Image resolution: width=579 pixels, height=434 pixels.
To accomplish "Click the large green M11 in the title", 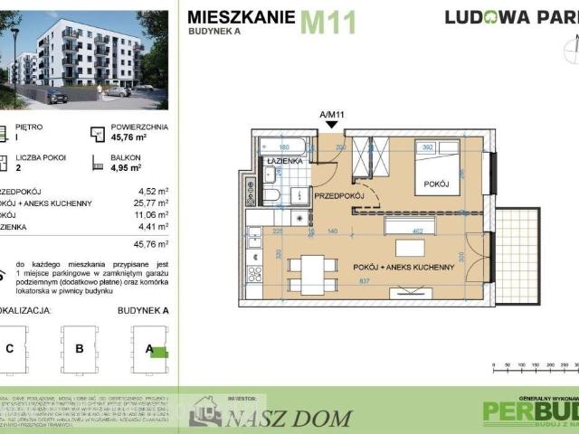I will click(x=328, y=21).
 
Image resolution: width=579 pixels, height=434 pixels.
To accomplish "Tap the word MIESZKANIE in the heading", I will click(x=241, y=14).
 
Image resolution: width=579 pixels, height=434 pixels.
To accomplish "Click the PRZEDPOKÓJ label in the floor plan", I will click(x=338, y=195).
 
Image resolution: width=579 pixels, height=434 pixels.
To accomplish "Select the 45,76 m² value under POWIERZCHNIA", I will click(x=128, y=139).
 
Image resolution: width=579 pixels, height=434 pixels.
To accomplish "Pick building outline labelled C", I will click(x=10, y=348).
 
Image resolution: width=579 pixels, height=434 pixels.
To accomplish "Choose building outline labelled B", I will click(x=80, y=348).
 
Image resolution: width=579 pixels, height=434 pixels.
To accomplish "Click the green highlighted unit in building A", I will click(x=158, y=352).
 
